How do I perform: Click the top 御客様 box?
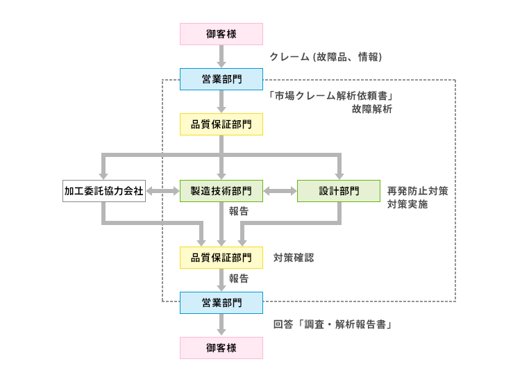[221, 33]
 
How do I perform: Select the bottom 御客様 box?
[221, 348]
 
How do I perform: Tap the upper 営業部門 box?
[221, 79]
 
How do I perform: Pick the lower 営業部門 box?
[221, 303]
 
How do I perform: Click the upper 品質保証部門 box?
[221, 124]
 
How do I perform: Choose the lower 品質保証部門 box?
[221, 257]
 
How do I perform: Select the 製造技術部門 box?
[221, 191]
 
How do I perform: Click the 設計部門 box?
[339, 191]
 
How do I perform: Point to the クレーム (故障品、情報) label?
[326, 57]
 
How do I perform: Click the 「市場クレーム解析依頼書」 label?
[332, 96]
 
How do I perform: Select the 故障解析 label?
[371, 109]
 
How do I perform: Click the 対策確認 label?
[294, 257]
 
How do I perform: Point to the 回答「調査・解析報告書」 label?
[332, 324]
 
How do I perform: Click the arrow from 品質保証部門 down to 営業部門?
[221, 281]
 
